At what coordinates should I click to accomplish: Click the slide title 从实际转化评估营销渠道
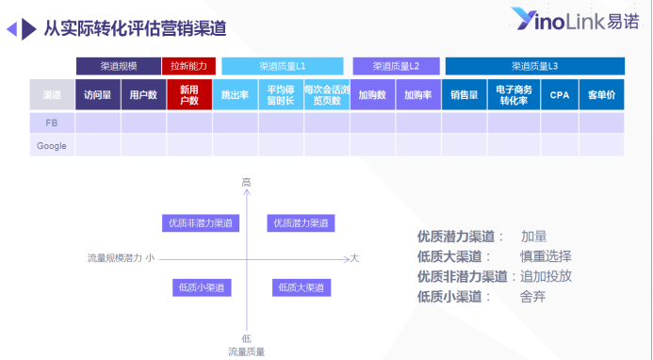tap(135, 28)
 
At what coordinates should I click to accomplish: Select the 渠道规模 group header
tap(119, 67)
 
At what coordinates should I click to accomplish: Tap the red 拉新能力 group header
tap(189, 67)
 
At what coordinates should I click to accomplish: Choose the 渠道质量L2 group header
tap(396, 67)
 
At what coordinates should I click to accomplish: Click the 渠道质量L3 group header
tap(534, 67)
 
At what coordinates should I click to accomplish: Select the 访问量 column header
tap(98, 95)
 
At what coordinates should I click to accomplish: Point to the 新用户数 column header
tap(189, 95)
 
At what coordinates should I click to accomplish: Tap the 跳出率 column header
tap(236, 95)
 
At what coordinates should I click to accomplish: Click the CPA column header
tap(560, 95)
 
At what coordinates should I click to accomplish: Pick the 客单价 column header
tap(601, 95)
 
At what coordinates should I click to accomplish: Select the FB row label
tap(52, 123)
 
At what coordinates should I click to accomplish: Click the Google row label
tap(52, 146)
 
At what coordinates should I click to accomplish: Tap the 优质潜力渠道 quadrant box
tap(302, 223)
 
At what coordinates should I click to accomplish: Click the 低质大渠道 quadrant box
tap(302, 287)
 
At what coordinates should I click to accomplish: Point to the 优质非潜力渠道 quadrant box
tap(200, 223)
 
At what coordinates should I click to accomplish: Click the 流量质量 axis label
tap(246, 351)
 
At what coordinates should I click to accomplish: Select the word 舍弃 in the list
tap(532, 296)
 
